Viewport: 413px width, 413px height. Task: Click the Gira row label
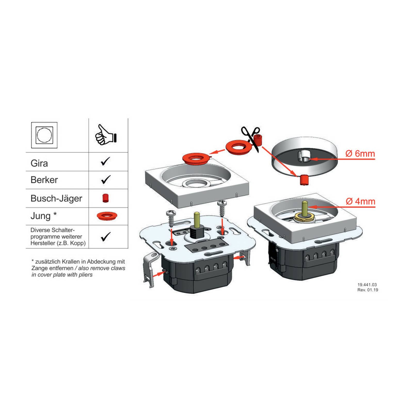coord(39,163)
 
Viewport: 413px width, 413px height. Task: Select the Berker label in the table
coord(44,180)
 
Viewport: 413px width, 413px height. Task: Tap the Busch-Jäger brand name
coord(56,198)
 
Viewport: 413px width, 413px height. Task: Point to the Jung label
coord(41,216)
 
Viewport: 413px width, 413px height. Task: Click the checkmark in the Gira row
coord(105,161)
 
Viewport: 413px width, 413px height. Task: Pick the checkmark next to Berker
coord(106,179)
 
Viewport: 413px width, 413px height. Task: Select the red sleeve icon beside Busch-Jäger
coord(105,198)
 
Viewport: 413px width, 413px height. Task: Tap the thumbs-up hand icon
coord(106,135)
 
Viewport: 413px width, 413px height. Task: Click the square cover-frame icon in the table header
coord(44,135)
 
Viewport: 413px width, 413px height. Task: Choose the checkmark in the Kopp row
coord(106,237)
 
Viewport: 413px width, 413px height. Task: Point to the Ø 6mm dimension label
coord(360,154)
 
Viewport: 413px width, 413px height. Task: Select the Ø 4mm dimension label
coord(361,201)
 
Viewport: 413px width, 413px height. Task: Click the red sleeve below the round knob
coord(304,180)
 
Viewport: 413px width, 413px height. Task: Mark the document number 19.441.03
coord(367,285)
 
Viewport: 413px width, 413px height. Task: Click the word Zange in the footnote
coord(39,268)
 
